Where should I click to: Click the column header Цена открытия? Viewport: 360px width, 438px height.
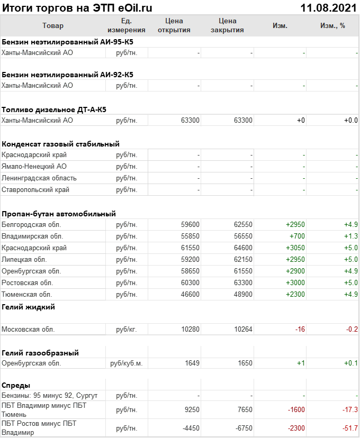coord(174,25)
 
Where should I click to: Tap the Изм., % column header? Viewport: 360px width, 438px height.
coord(332,25)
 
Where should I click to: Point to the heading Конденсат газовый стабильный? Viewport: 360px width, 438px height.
coord(60,144)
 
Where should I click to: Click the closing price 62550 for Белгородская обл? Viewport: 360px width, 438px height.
coord(243,224)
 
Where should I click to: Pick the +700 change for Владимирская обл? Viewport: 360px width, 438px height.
coord(296,236)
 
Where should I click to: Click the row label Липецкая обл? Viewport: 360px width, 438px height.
coord(24,259)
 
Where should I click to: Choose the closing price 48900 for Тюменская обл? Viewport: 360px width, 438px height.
coord(243,294)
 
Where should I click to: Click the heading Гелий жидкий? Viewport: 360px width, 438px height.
coord(28,307)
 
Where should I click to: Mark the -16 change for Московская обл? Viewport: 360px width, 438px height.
coord(300,329)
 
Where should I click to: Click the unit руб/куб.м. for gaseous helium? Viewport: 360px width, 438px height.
coord(127,363)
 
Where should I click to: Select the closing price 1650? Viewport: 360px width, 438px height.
coord(245,363)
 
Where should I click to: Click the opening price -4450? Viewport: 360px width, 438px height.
coord(190,428)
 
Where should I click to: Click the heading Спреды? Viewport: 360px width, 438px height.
coord(16,385)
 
